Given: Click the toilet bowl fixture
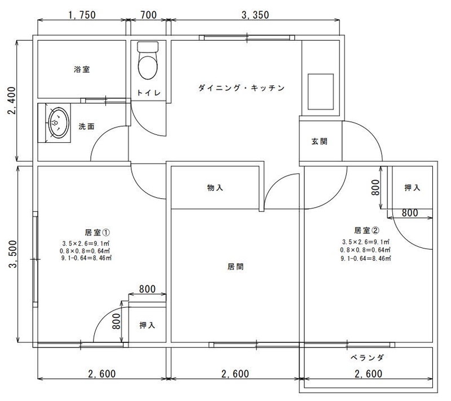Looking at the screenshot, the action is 148,60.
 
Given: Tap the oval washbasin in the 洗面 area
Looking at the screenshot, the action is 59,123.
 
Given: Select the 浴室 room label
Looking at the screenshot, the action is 82,69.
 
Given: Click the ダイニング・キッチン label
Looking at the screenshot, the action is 241,88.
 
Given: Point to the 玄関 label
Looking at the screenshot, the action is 320,141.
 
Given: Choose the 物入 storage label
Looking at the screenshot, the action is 215,188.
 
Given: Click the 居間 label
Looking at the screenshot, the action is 235,267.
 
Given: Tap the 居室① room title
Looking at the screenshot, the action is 98,232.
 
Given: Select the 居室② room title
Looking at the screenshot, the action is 367,230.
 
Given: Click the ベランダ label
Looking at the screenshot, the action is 368,358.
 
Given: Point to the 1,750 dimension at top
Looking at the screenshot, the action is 82,15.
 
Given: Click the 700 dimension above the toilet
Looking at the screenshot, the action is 149,15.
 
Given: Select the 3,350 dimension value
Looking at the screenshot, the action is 255,15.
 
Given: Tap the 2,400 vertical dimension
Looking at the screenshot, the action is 12,101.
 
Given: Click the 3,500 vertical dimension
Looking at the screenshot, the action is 13,255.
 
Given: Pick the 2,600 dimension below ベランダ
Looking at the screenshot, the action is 369,374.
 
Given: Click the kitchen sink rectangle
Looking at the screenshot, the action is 321,91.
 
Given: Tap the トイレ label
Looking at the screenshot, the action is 148,93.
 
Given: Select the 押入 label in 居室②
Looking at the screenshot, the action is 412,188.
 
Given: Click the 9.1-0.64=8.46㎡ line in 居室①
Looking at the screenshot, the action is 86,258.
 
